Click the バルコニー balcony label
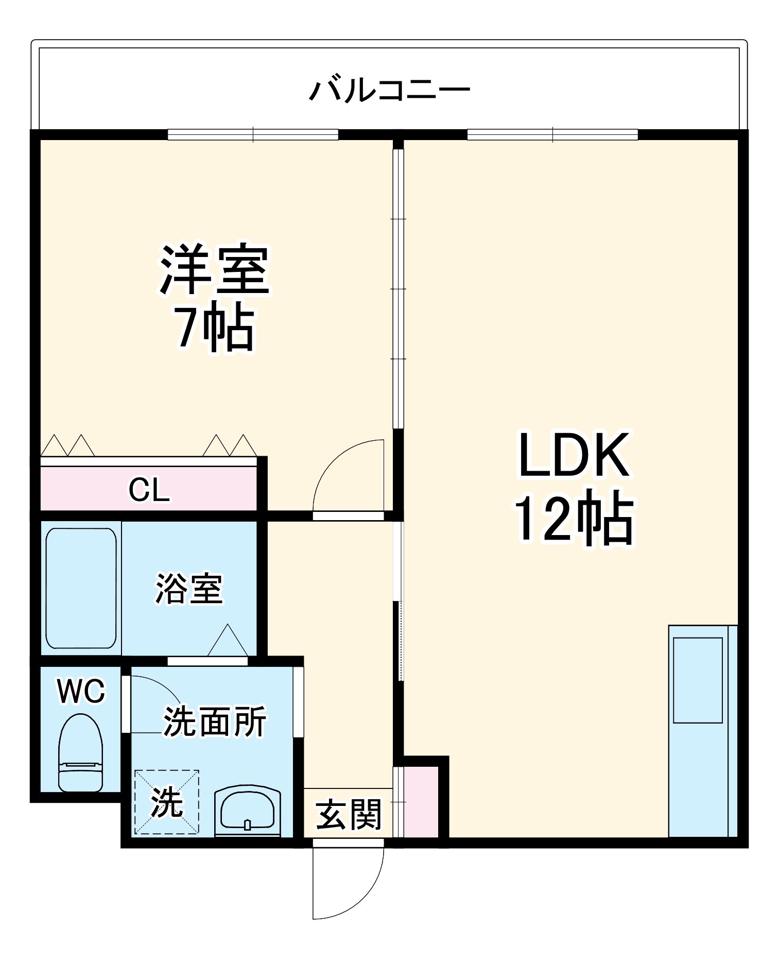tap(389, 91)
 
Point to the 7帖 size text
tap(215, 328)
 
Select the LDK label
tap(574, 455)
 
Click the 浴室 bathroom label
tap(189, 588)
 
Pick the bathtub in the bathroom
tap(81, 588)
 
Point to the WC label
tap(81, 691)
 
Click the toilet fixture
tap(80, 752)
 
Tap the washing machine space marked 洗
tap(167, 802)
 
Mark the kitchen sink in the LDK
tap(698, 680)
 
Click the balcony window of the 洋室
tap(253, 134)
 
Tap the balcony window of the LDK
tap(552, 134)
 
